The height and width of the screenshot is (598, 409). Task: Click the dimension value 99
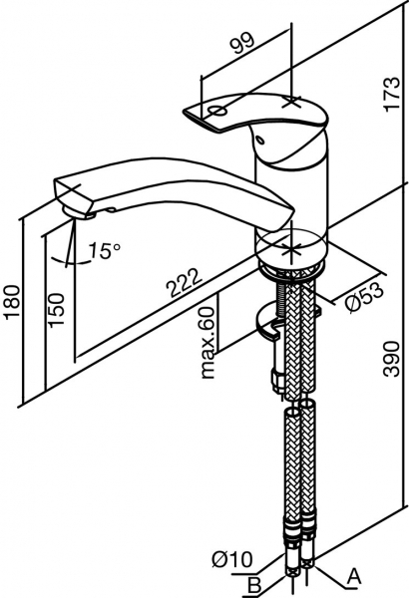(x=243, y=42)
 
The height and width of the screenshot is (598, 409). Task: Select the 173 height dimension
(x=392, y=95)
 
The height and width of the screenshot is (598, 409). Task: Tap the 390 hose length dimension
(x=392, y=359)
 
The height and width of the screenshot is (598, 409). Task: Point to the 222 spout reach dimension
(x=186, y=283)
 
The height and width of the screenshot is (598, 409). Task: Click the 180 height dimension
(x=13, y=301)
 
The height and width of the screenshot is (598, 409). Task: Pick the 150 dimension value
(x=57, y=310)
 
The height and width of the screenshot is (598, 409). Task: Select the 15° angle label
(x=104, y=250)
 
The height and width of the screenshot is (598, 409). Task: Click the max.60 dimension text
(x=208, y=343)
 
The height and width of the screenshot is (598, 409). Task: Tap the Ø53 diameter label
(x=364, y=297)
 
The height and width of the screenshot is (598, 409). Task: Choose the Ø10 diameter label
(x=232, y=560)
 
